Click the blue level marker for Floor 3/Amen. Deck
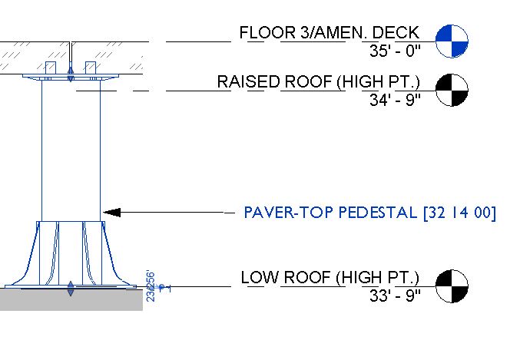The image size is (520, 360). (x=452, y=41)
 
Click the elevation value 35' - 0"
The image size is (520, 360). (x=395, y=51)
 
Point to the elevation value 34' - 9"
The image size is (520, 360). (x=395, y=101)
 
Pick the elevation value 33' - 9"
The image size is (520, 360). (x=395, y=297)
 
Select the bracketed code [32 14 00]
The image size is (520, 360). (x=459, y=212)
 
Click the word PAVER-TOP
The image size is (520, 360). (x=278, y=212)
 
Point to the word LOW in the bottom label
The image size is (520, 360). (x=258, y=277)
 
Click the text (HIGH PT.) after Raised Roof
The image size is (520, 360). (x=373, y=82)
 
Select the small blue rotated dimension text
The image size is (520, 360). (x=151, y=285)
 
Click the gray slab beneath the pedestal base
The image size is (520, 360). (x=69, y=299)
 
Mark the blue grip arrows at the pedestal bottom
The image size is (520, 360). (x=71, y=289)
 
